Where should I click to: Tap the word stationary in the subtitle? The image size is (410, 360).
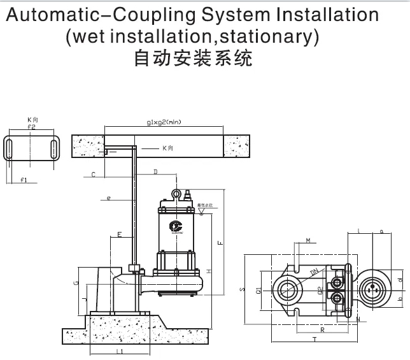tap(266, 37)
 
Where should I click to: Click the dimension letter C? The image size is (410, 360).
tap(93, 174)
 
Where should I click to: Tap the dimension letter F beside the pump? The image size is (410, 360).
tap(220, 242)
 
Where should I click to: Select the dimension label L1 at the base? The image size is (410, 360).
tap(119, 351)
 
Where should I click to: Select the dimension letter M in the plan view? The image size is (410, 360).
tap(307, 240)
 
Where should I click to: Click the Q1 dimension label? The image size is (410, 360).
tap(258, 289)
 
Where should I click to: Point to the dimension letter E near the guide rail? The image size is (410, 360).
tap(120, 236)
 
